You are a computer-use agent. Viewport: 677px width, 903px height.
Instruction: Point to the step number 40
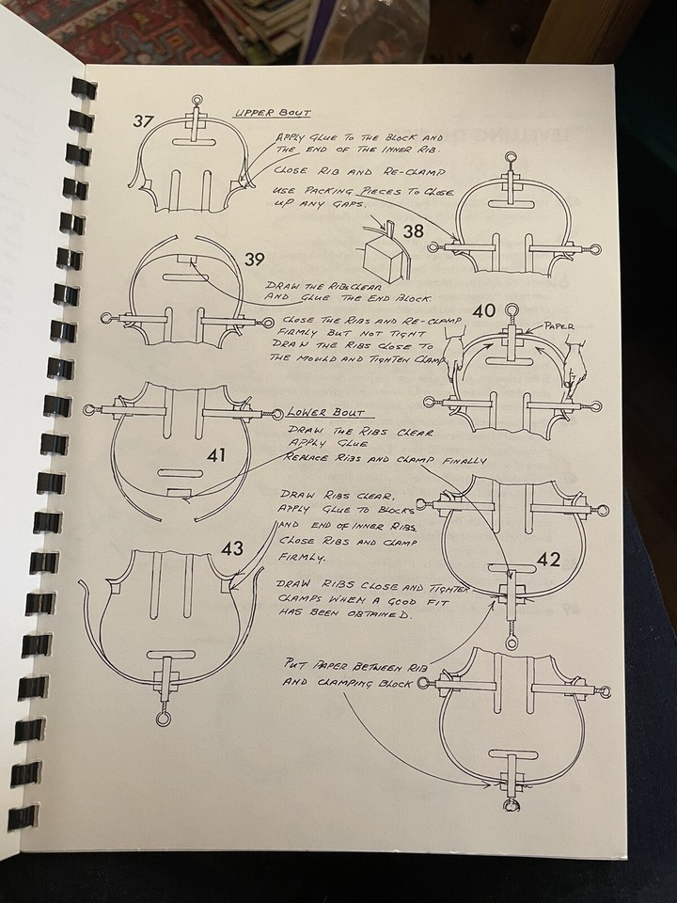tap(484, 309)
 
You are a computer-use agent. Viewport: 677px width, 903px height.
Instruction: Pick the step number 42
tap(548, 561)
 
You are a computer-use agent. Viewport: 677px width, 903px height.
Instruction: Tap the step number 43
tap(233, 547)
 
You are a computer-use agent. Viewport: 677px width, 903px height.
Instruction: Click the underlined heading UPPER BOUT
tap(265, 113)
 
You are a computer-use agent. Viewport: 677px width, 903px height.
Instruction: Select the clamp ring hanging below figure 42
tap(511, 643)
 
